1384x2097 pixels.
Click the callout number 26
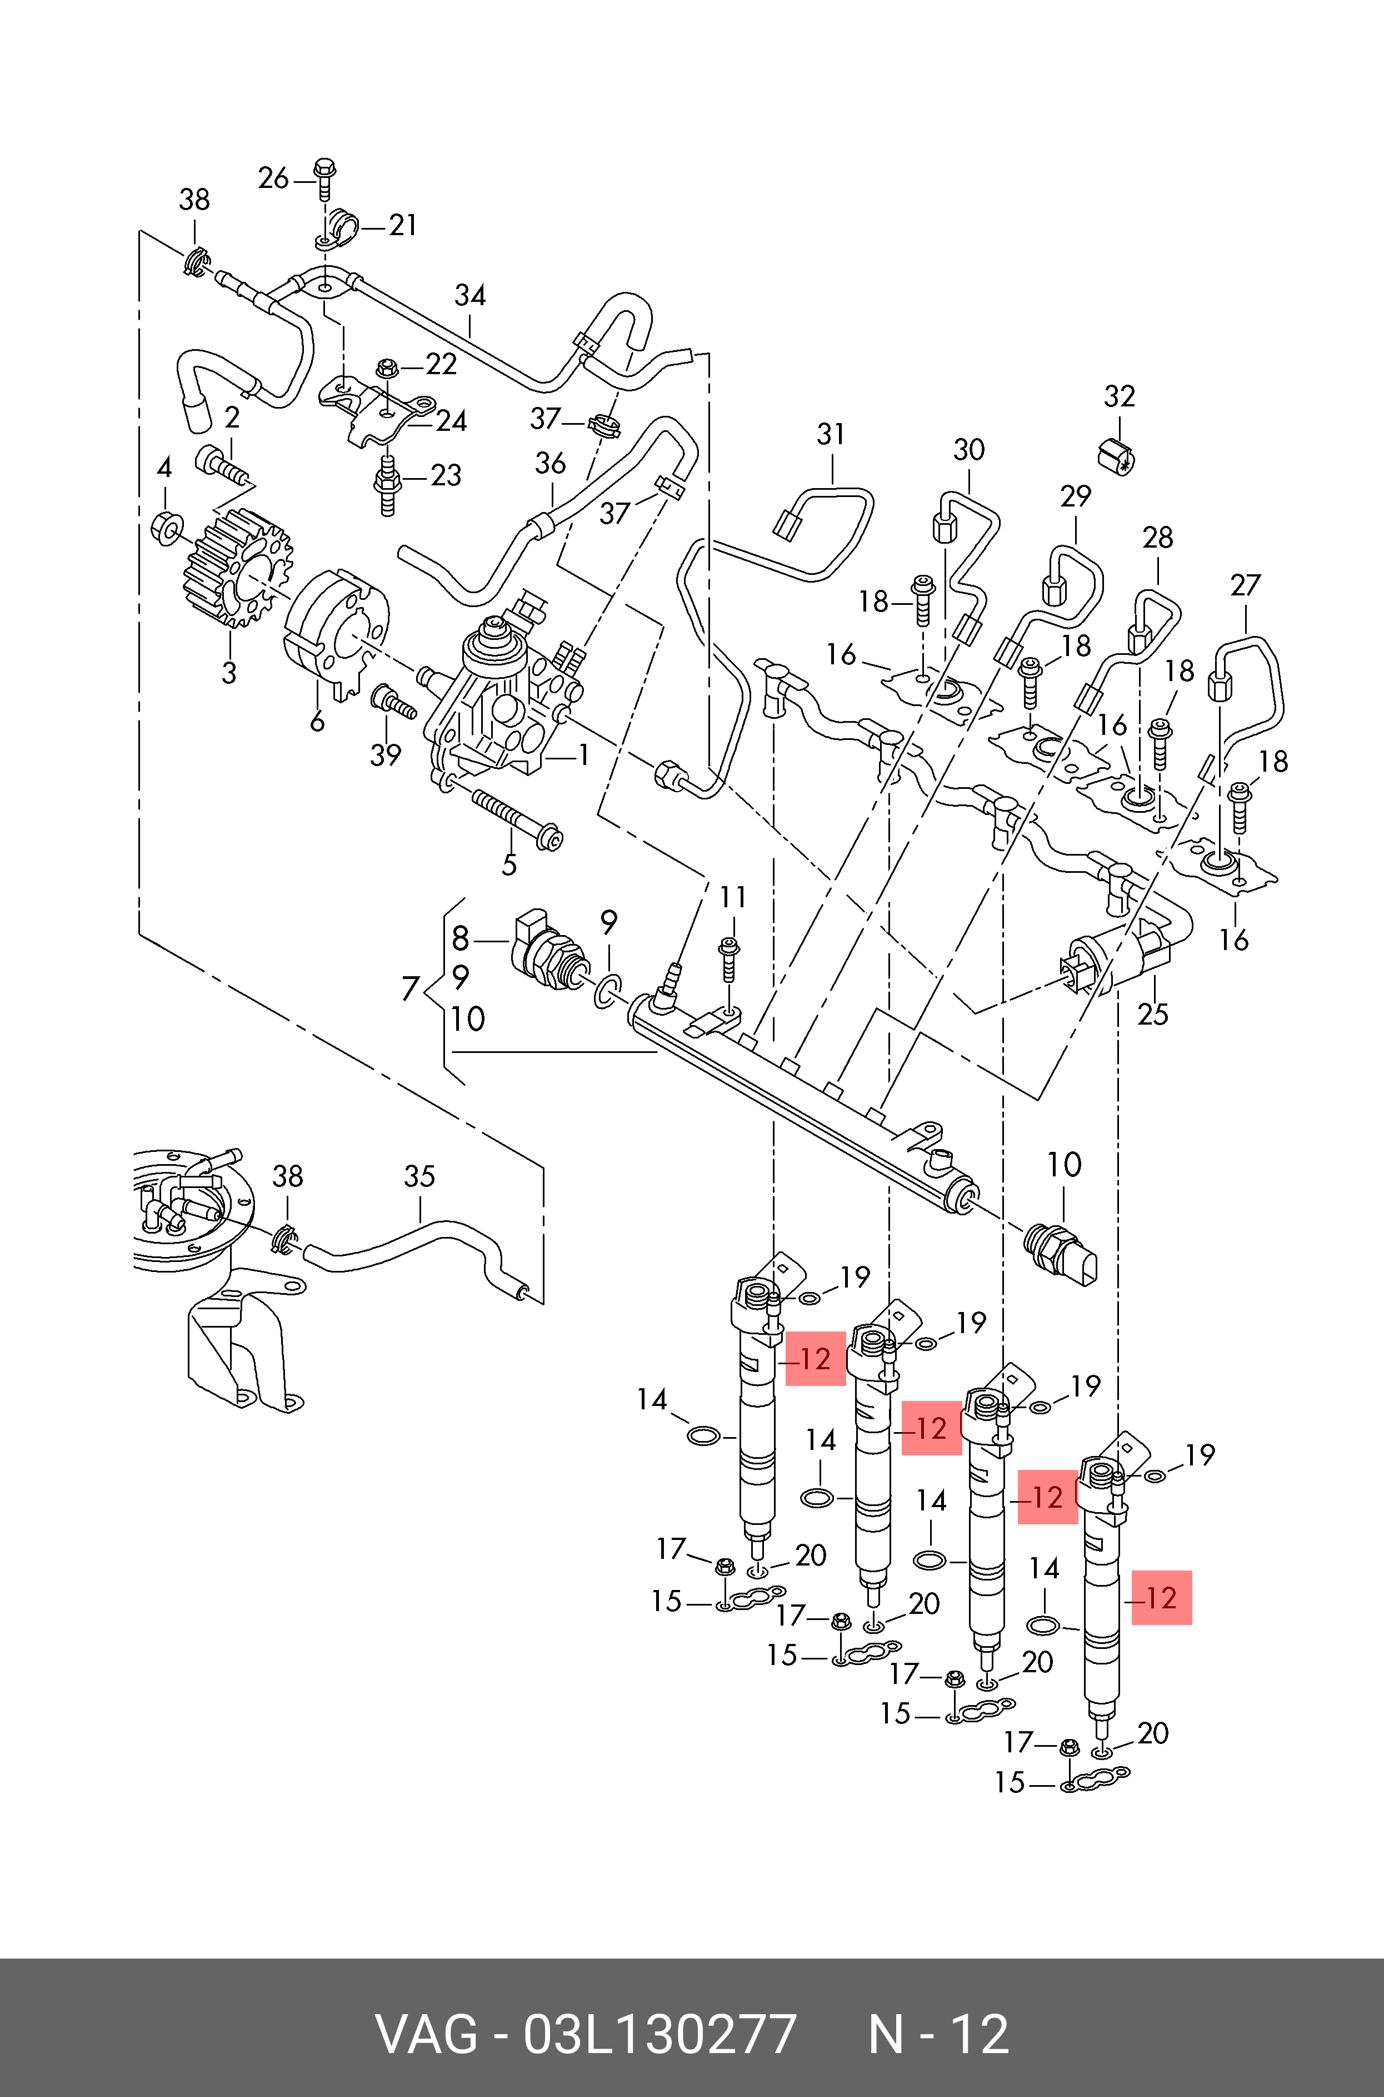(273, 178)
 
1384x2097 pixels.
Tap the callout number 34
(471, 296)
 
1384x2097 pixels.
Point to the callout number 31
(831, 434)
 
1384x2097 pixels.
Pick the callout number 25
(1153, 1013)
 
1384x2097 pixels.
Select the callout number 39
(386, 755)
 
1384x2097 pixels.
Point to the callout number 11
(733, 898)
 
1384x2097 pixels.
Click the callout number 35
(419, 1176)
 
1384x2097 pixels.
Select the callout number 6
(317, 722)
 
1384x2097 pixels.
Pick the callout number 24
(451, 421)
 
